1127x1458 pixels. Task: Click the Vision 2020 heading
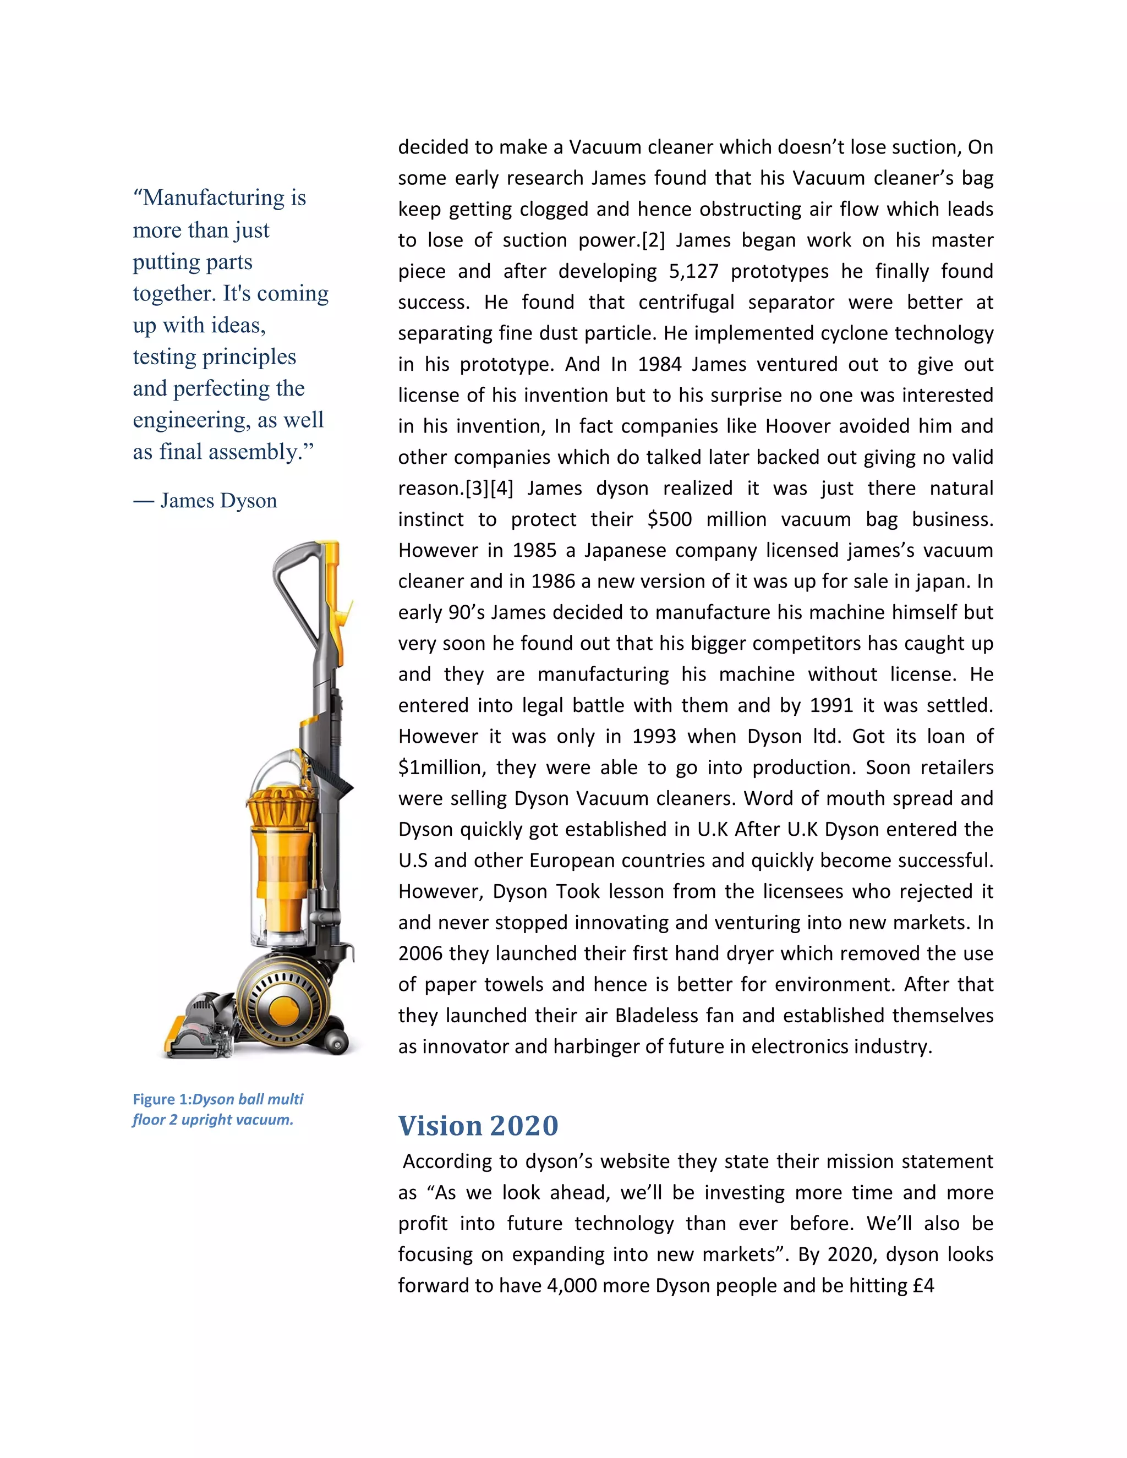(478, 1126)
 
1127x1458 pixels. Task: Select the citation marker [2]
(653, 240)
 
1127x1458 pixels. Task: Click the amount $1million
(441, 768)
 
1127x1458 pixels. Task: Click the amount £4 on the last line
(923, 1286)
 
